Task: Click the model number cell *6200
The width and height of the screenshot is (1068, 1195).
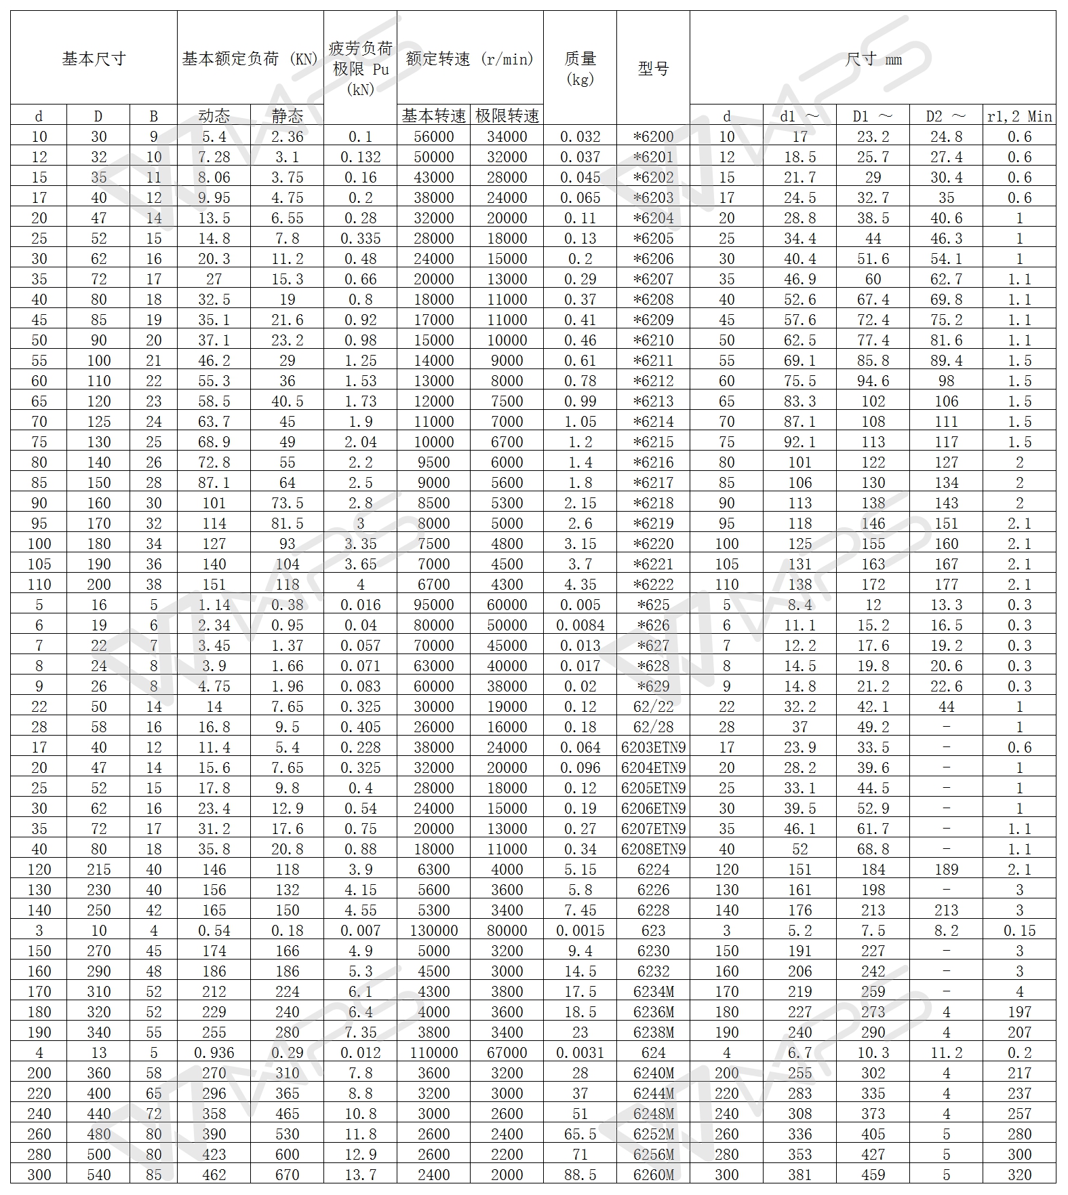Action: (653, 136)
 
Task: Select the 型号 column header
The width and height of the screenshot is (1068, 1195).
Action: (653, 68)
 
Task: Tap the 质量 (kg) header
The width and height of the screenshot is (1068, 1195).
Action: (580, 68)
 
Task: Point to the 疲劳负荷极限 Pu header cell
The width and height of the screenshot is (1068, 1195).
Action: (360, 68)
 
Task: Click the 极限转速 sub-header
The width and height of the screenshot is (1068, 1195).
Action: (507, 115)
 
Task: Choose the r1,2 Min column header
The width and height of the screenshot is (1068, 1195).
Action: (1019, 116)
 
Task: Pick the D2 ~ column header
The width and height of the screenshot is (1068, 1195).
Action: (946, 116)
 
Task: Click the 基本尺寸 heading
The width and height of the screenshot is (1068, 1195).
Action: (94, 58)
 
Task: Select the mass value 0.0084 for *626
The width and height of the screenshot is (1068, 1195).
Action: (580, 625)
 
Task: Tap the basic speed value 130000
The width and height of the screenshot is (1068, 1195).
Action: (433, 930)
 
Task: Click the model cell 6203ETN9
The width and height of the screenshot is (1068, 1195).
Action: (653, 747)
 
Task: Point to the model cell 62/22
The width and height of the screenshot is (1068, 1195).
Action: (653, 706)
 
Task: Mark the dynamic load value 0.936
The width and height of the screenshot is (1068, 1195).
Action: (214, 1052)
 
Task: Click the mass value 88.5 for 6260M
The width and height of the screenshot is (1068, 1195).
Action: (580, 1175)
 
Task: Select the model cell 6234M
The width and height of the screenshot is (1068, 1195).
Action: (653, 991)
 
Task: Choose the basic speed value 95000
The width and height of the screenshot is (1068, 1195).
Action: (433, 605)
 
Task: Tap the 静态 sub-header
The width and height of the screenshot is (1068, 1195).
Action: (287, 115)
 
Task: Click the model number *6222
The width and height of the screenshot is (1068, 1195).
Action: (653, 584)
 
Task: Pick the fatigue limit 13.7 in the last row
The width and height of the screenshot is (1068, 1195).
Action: (360, 1175)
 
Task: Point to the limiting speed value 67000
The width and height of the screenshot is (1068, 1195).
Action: (507, 1052)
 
